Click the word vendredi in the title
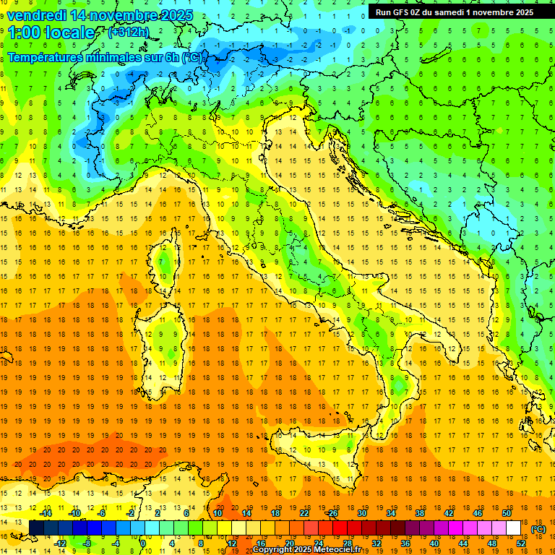tap(37, 14)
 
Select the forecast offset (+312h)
tap(129, 33)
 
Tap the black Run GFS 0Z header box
tap(455, 12)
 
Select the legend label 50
tap(506, 512)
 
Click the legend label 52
tap(520, 543)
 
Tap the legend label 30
tap(361, 512)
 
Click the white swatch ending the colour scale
tap(513, 528)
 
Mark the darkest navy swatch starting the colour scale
tap(36, 528)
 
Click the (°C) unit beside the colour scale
tap(538, 528)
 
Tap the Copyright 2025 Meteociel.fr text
tap(311, 549)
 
